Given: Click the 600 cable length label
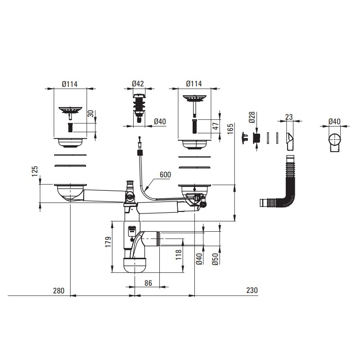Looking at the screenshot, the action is click(x=165, y=175).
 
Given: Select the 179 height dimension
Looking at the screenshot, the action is click(x=108, y=242).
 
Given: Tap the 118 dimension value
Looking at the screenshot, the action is click(x=179, y=255).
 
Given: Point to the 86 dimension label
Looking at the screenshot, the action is click(x=148, y=283).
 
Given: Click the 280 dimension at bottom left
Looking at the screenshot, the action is click(x=59, y=291).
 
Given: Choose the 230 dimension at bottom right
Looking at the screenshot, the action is click(x=252, y=290).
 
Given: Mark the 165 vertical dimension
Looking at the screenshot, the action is click(x=230, y=129).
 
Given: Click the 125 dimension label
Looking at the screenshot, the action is click(x=35, y=171).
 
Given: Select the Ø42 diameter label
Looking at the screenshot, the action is click(x=138, y=84).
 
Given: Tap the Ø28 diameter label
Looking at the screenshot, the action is click(x=252, y=117).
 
